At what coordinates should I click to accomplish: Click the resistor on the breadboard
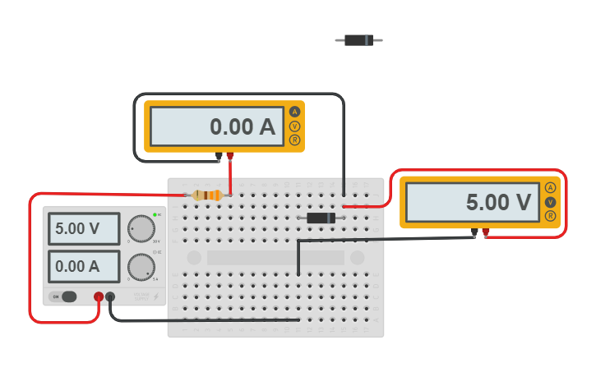[207, 195]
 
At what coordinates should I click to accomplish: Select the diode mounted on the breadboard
[321, 218]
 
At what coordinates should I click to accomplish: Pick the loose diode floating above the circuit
[358, 39]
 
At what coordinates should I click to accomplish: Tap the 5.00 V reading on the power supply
[83, 228]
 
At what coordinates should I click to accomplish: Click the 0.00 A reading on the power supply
[83, 266]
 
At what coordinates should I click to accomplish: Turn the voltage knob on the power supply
[141, 228]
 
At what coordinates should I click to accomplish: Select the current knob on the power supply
[141, 266]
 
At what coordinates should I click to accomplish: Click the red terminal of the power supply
[99, 296]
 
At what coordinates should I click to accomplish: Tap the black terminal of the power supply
[110, 296]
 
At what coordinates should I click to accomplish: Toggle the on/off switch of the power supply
[66, 296]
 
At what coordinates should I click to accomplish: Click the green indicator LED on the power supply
[155, 214]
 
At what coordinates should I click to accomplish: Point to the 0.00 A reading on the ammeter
[216, 126]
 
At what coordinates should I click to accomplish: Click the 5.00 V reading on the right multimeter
[472, 202]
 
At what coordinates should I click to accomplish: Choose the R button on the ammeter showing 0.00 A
[294, 140]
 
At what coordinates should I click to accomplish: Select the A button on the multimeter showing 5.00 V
[550, 187]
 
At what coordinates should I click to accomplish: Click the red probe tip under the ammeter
[230, 156]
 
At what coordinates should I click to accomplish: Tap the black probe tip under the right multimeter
[474, 234]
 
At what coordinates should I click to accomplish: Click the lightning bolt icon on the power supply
[155, 296]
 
